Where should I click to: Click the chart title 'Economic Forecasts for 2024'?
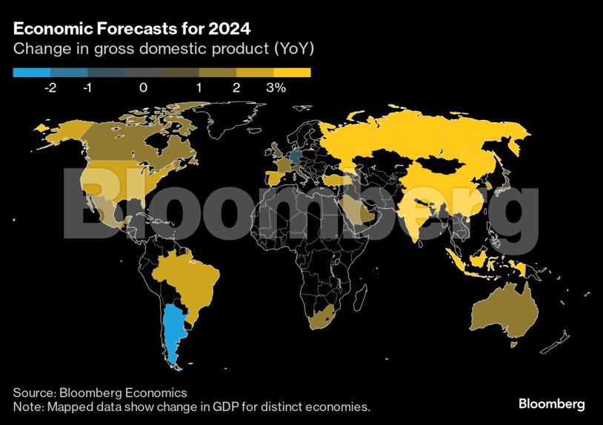point(131,30)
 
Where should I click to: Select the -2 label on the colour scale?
point(50,87)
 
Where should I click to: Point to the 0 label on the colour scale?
point(143,87)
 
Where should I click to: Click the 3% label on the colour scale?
point(276,87)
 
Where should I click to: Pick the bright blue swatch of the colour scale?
point(32,73)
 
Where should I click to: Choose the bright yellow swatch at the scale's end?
point(292,73)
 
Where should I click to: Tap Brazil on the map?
point(185,281)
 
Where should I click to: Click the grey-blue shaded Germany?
point(296,156)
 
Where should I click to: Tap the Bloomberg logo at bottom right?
point(551,404)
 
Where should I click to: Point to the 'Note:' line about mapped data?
point(191,407)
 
